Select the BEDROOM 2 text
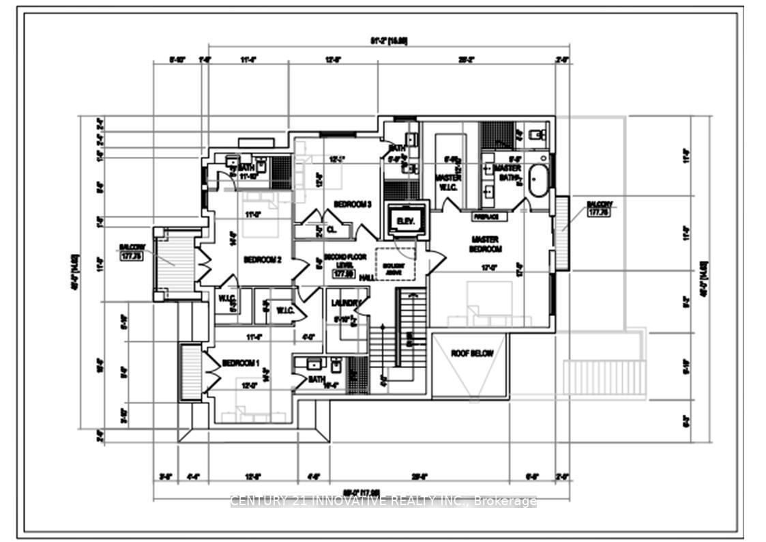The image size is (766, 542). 263,259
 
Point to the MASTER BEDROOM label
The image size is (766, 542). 485,244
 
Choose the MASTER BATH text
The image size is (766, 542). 507,173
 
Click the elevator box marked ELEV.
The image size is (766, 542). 407,220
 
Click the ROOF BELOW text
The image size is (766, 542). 471,354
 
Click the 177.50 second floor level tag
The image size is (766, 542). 342,274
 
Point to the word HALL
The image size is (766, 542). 366,278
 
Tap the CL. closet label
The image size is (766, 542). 332,230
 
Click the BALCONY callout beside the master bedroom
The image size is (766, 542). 598,208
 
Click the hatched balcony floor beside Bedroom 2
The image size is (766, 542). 177,264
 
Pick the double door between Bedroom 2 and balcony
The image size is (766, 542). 202,265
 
